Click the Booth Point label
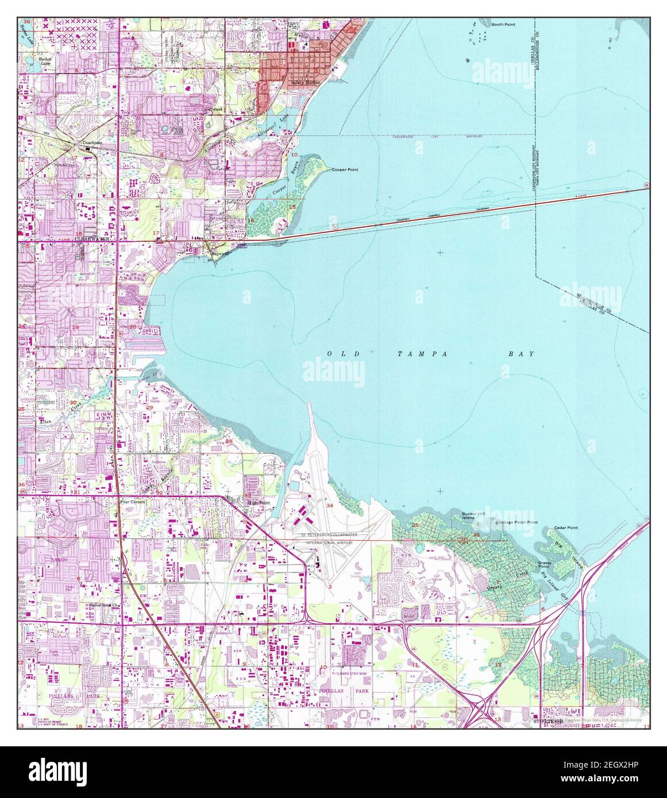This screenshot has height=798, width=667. [x=503, y=25]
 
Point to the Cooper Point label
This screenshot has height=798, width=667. [x=345, y=169]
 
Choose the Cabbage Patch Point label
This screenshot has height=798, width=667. [x=516, y=522]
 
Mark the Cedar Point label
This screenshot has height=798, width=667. [x=566, y=528]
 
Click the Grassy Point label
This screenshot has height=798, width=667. [x=545, y=565]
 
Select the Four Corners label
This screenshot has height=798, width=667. [x=132, y=501]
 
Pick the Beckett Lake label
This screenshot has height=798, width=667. [x=45, y=61]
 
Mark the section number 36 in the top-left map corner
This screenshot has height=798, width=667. [x=26, y=22]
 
